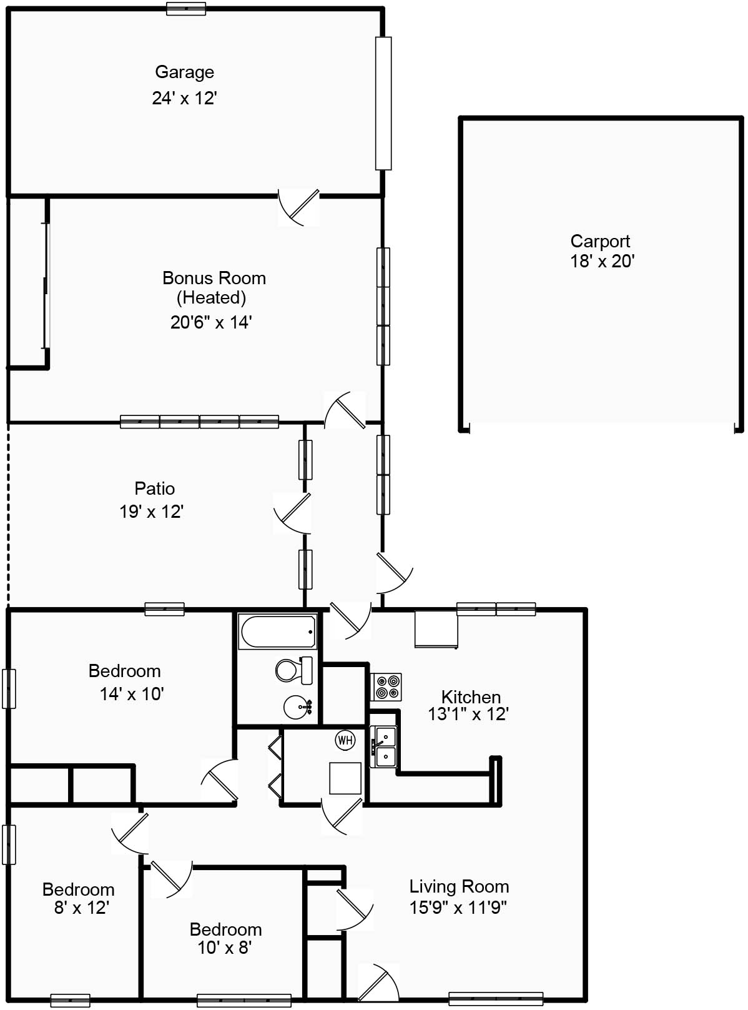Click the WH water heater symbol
pyautogui.click(x=345, y=740)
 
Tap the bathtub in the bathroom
pyautogui.click(x=278, y=632)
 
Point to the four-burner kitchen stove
pyautogui.click(x=386, y=687)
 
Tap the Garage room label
pyautogui.click(x=184, y=72)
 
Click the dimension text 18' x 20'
pyautogui.click(x=602, y=261)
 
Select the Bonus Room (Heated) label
pyautogui.click(x=214, y=287)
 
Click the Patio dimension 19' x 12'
pyautogui.click(x=151, y=512)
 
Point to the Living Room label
pyautogui.click(x=459, y=886)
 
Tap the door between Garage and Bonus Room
pyautogui.click(x=298, y=207)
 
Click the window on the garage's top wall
pyautogui.click(x=186, y=9)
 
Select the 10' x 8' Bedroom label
pyautogui.click(x=225, y=929)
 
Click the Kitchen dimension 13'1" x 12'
pyautogui.click(x=468, y=714)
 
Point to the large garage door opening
pyautogui.click(x=383, y=103)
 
